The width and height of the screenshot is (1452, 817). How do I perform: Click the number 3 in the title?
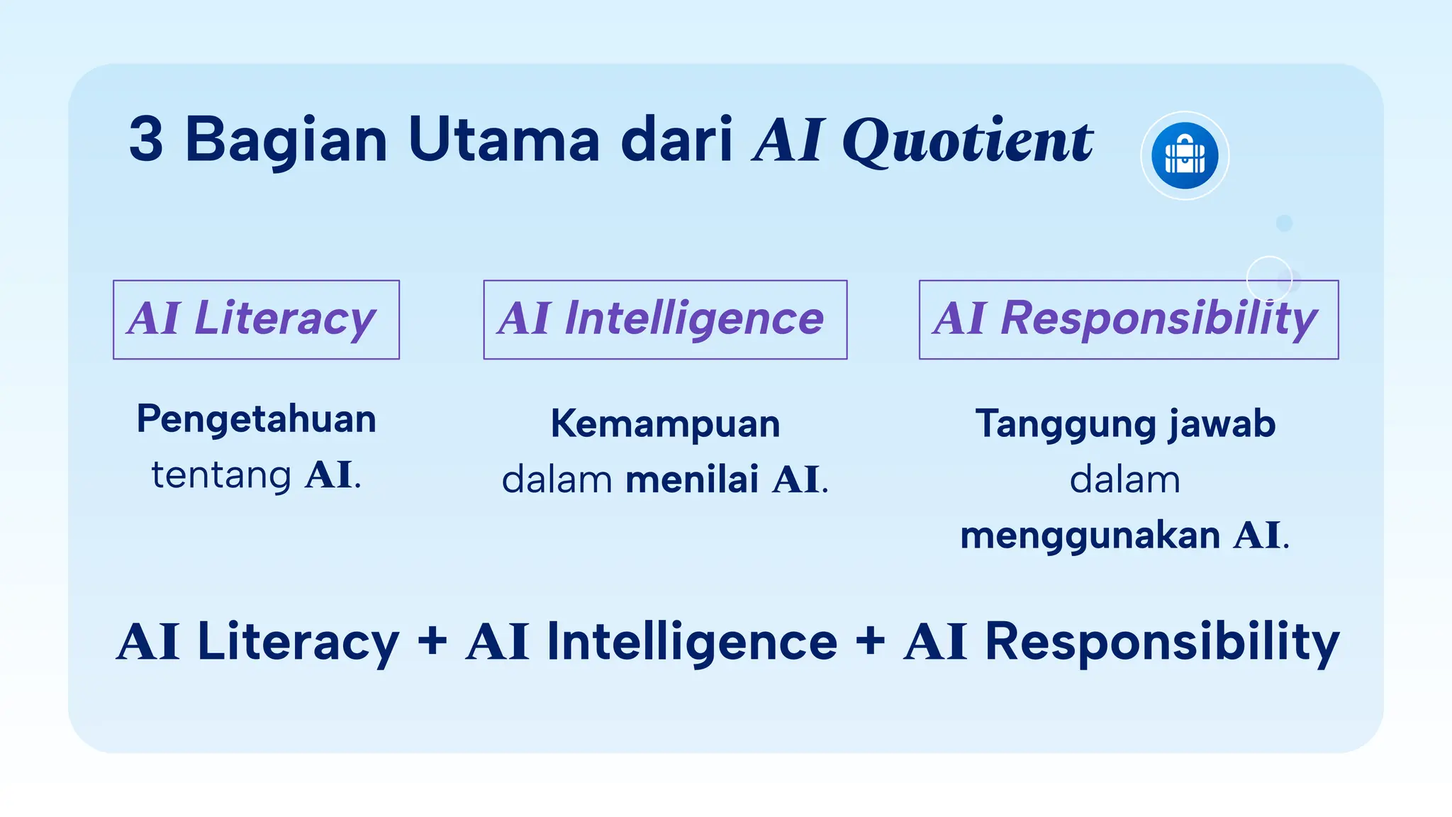click(x=146, y=140)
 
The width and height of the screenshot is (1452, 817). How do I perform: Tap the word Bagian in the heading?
click(x=286, y=141)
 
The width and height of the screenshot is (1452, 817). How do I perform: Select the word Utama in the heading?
click(x=504, y=140)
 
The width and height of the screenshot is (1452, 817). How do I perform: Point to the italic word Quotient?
click(x=967, y=141)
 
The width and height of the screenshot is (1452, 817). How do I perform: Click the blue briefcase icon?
click(x=1184, y=156)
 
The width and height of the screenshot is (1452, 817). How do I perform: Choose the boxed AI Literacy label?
click(x=256, y=319)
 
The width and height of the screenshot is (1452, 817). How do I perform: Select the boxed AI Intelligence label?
click(x=665, y=319)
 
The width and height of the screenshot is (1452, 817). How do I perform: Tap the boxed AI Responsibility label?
click(x=1128, y=319)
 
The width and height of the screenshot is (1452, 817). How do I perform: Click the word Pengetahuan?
click(x=256, y=419)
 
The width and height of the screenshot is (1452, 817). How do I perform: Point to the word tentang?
click(x=221, y=475)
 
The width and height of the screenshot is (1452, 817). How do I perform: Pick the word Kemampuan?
click(x=665, y=424)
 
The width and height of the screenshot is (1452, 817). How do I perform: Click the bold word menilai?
click(x=692, y=479)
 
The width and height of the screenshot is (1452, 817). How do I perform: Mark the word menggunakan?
click(x=1090, y=535)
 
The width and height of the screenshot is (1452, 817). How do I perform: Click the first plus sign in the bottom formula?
click(x=432, y=641)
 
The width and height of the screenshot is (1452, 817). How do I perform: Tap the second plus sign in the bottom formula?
click(x=870, y=641)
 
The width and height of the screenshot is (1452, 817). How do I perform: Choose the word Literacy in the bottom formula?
click(x=298, y=643)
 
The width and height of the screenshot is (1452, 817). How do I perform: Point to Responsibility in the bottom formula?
click(x=1162, y=643)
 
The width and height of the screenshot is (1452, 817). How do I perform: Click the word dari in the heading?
click(x=676, y=140)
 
